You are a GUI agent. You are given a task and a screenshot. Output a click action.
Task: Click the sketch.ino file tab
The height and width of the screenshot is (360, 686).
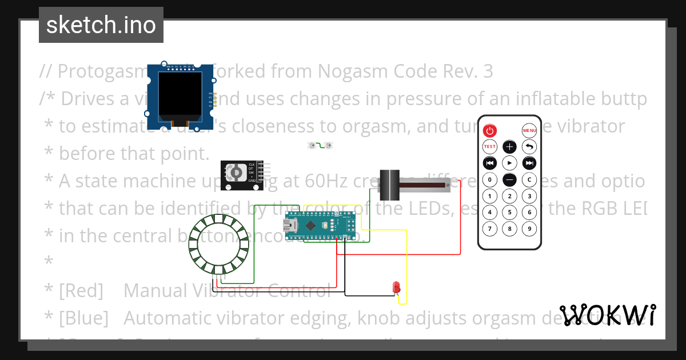(x=101, y=25)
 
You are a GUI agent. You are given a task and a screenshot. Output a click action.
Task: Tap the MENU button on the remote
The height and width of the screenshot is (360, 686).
(x=529, y=130)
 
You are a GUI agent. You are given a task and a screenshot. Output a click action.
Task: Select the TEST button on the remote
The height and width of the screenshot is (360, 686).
(x=490, y=146)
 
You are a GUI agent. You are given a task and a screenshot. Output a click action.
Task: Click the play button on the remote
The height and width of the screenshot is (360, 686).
(x=509, y=163)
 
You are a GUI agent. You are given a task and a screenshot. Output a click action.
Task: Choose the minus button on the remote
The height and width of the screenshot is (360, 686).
(x=509, y=179)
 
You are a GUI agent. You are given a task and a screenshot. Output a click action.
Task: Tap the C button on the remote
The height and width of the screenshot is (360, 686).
(x=529, y=179)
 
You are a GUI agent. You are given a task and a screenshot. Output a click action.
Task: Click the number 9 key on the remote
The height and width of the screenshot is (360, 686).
(x=529, y=229)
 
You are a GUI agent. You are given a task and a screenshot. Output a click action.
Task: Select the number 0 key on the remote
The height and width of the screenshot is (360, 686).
(x=490, y=179)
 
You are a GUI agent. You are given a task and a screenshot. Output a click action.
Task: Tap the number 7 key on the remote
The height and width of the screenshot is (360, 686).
(x=490, y=229)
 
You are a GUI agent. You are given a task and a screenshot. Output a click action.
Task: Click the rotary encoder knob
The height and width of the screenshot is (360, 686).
(x=236, y=173)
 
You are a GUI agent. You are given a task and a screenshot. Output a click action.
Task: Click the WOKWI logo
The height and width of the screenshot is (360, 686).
(x=607, y=315)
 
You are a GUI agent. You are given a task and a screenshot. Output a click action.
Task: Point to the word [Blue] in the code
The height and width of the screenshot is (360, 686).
(x=83, y=318)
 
